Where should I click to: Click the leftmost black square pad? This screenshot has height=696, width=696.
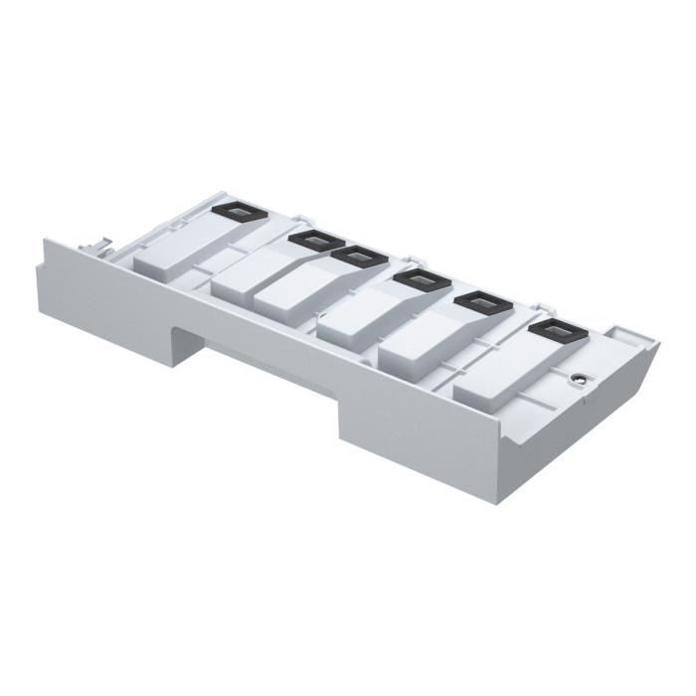click(x=238, y=211)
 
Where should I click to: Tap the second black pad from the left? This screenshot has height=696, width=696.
click(x=315, y=241)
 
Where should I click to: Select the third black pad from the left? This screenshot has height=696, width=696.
click(x=359, y=257)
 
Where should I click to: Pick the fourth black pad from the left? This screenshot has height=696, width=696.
click(x=422, y=281)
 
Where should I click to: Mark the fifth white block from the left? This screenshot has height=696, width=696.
click(x=412, y=344)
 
